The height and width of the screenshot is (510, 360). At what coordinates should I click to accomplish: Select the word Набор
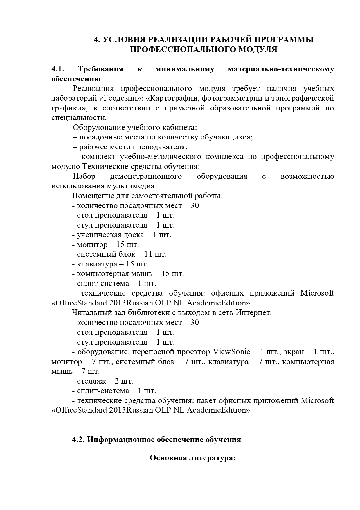pos(84,176)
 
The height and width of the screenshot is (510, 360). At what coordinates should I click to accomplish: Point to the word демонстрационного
pos(146,176)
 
